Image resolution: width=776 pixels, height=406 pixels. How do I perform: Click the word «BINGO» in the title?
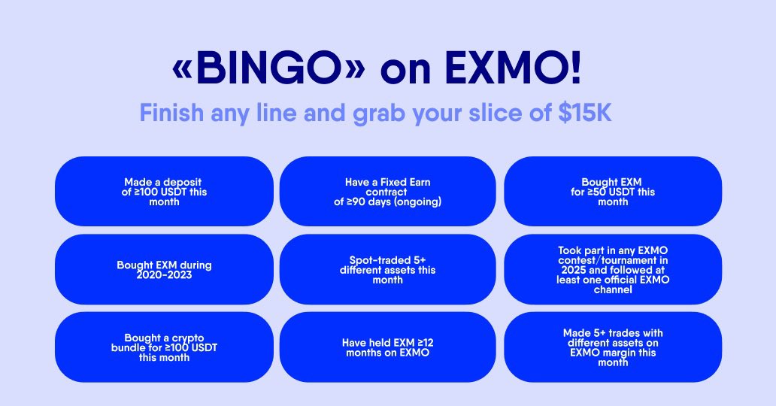269,70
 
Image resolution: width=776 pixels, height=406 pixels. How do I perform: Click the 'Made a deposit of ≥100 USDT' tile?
164,192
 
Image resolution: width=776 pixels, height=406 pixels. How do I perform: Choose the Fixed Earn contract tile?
388,192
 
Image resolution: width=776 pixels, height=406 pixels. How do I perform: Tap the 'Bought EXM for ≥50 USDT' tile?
613,192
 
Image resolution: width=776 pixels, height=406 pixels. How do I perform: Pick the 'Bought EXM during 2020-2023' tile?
164,270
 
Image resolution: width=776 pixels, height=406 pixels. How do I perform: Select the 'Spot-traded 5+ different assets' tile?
388,270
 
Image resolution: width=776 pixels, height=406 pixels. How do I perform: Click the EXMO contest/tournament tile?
613,270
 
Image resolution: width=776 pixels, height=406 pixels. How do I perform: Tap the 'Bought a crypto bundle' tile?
164,347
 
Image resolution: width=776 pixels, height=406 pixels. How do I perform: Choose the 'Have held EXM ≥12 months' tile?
388,347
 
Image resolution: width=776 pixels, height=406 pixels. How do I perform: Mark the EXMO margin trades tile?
613,347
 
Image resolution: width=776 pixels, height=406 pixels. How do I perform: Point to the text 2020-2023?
164,275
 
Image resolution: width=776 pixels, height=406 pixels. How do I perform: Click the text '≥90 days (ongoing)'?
399,201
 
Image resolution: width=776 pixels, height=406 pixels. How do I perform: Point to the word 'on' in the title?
405,70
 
